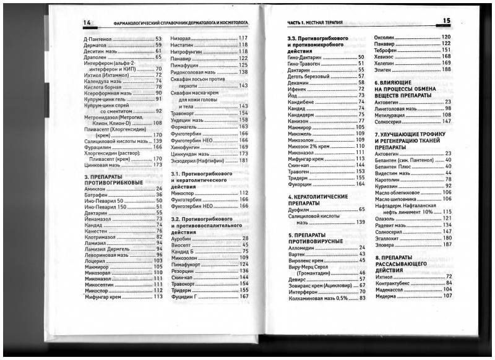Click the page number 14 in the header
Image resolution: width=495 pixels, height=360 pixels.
point(87,24)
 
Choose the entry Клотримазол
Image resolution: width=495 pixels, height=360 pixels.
point(100,236)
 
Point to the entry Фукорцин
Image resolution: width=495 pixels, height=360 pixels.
point(299,184)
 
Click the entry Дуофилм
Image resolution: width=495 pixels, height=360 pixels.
point(299,209)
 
